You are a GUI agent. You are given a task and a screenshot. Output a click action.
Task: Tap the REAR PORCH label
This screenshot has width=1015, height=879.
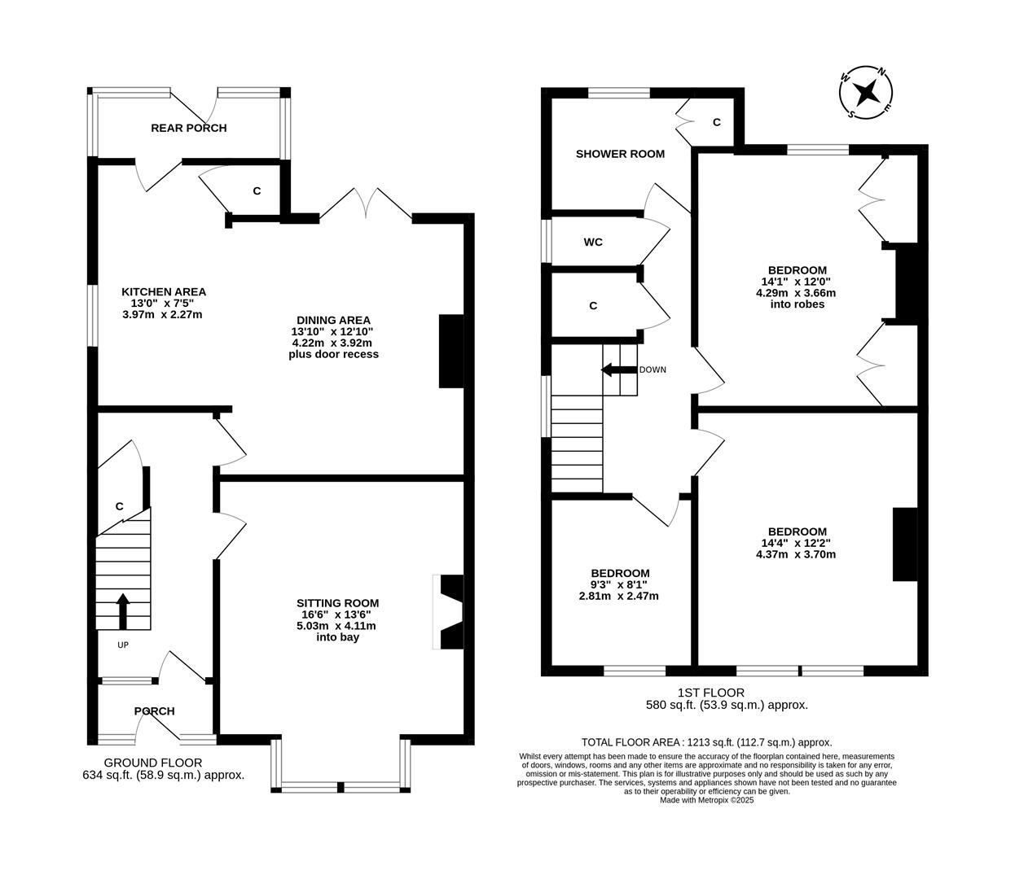pyautogui.click(x=188, y=128)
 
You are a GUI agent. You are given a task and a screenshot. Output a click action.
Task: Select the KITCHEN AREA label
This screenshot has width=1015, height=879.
pyautogui.click(x=164, y=291)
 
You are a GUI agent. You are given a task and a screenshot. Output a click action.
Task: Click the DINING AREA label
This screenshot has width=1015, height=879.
pyautogui.click(x=333, y=320)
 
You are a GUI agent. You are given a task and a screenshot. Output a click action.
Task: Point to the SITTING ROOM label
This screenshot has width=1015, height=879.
pyautogui.click(x=337, y=603)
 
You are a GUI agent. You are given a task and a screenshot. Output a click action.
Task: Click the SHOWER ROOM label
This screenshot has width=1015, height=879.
pyautogui.click(x=620, y=154)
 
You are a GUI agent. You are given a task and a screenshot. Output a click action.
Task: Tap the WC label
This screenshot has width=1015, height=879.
pyautogui.click(x=593, y=242)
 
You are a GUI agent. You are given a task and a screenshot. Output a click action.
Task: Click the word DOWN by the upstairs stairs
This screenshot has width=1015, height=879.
pyautogui.click(x=652, y=370)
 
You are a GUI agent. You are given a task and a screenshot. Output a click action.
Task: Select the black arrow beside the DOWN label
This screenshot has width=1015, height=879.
pyautogui.click(x=618, y=370)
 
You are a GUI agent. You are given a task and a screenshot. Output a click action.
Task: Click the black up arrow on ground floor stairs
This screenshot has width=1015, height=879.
pyautogui.click(x=123, y=611)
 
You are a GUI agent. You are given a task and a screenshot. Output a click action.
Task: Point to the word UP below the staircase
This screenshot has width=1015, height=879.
pyautogui.click(x=123, y=645)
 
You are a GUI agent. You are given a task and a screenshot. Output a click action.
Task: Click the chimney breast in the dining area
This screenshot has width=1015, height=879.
pyautogui.click(x=450, y=351)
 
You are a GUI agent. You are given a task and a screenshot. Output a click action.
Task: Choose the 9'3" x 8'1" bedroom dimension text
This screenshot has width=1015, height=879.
pyautogui.click(x=619, y=584)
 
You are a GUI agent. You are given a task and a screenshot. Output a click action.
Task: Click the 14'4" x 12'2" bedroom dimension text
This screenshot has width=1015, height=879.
pyautogui.click(x=796, y=543)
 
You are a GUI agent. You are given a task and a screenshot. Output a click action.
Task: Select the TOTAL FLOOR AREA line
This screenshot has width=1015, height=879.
pyautogui.click(x=706, y=742)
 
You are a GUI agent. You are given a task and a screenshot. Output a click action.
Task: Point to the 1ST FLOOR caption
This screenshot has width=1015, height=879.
pyautogui.click(x=711, y=693)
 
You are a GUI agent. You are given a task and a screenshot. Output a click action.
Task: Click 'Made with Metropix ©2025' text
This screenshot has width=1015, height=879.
pyautogui.click(x=706, y=800)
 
